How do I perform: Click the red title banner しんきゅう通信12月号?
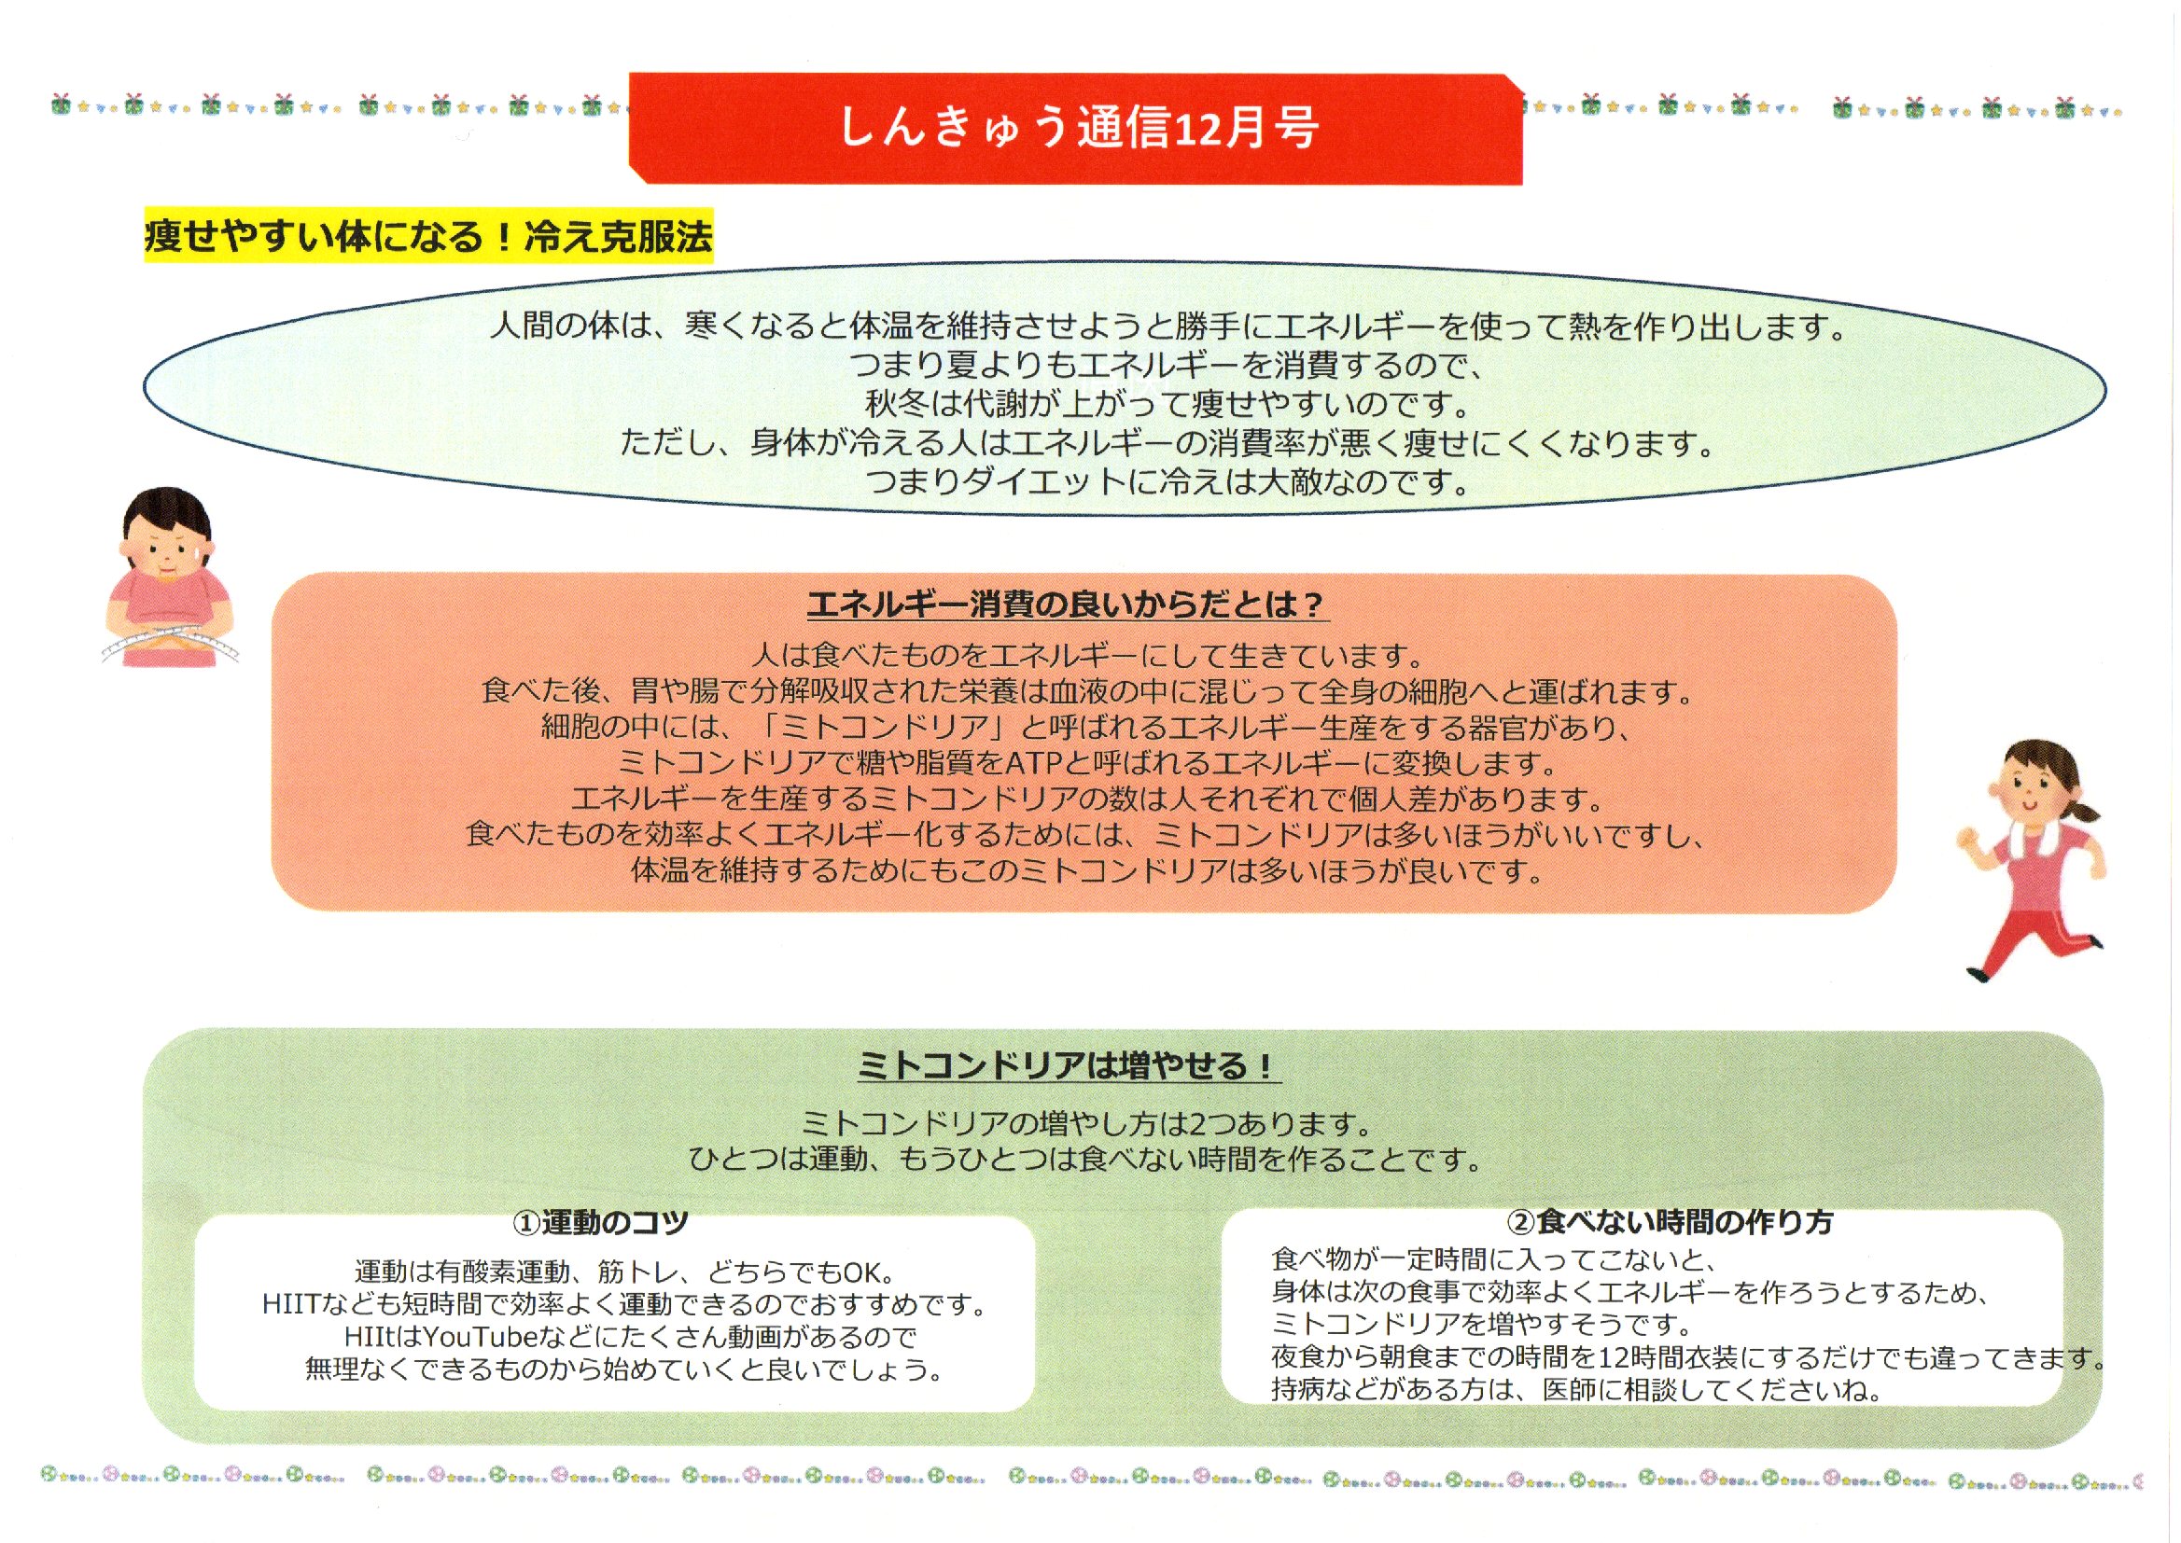1075,127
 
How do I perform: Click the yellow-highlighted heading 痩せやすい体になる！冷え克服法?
428,236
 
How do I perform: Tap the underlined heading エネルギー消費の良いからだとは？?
1067,605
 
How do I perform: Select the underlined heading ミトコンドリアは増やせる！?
1068,1065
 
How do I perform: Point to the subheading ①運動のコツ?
600,1222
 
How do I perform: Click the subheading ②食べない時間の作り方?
1670,1222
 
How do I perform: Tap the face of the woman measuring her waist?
165,551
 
